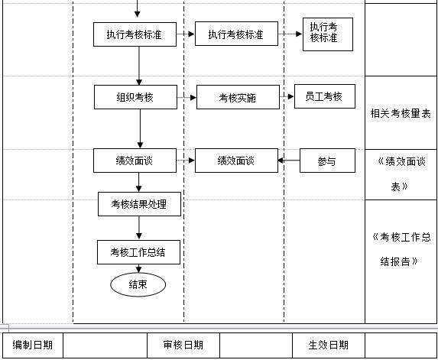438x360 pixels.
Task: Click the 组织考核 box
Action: click(x=135, y=97)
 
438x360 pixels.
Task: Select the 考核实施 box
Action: click(x=238, y=98)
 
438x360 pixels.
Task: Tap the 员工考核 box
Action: click(x=324, y=96)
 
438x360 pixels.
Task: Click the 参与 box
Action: click(x=326, y=161)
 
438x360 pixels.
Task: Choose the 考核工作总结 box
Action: click(x=138, y=252)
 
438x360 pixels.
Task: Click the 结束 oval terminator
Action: click(x=138, y=284)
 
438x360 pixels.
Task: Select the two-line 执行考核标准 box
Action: click(x=327, y=34)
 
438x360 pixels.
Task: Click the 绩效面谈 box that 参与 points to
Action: click(x=236, y=161)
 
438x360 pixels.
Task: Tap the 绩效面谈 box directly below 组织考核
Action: click(x=135, y=161)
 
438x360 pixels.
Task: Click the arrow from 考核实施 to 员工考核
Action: click(x=287, y=97)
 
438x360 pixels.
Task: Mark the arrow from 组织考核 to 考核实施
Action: click(x=187, y=97)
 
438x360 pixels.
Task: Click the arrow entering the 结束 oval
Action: click(x=139, y=268)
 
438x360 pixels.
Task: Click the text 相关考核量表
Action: click(x=401, y=114)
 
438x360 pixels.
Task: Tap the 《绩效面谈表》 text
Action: click(x=401, y=174)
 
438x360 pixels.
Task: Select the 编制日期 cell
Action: click(x=33, y=345)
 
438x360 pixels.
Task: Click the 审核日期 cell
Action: click(x=183, y=345)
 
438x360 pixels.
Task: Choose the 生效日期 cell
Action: click(x=328, y=345)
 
